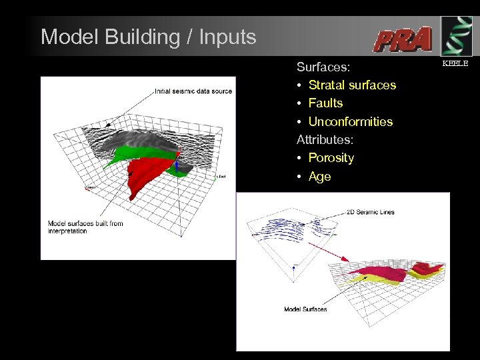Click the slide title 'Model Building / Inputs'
[148, 37]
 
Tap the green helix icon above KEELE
[456, 35]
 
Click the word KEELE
[456, 63]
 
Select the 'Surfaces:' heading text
[319, 67]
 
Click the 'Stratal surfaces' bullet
[352, 85]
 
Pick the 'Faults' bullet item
[325, 103]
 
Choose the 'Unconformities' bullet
[350, 122]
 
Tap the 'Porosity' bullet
[331, 158]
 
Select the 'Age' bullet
[319, 177]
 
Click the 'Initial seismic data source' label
[193, 91]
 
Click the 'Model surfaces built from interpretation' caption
[85, 227]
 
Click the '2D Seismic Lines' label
[370, 212]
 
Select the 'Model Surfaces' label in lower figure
[305, 309]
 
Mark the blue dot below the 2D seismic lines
[294, 265]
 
